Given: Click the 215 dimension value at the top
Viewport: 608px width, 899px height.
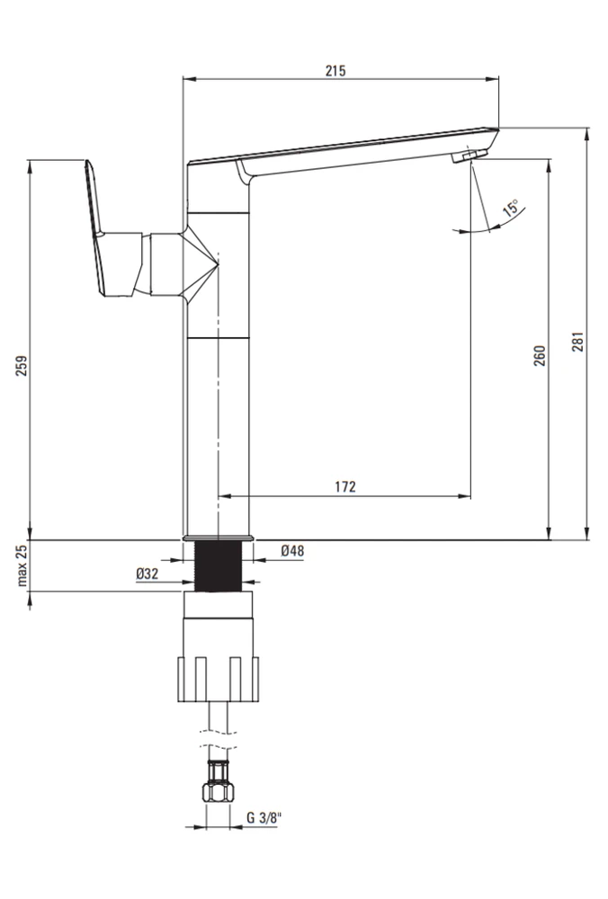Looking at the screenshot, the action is tap(335, 70).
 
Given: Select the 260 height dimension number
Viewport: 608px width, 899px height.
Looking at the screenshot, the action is tap(540, 355).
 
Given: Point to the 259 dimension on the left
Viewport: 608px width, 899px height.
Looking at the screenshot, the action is tap(22, 366).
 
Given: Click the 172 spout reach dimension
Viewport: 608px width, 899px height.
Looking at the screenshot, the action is tap(345, 486).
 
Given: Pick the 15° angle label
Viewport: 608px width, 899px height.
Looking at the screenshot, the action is tap(511, 207).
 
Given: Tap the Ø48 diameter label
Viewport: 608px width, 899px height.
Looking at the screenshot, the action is tap(292, 551).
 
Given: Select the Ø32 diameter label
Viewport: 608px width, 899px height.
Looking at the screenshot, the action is tap(147, 573).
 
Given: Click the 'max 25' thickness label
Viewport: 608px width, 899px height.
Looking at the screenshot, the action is tap(22, 565).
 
